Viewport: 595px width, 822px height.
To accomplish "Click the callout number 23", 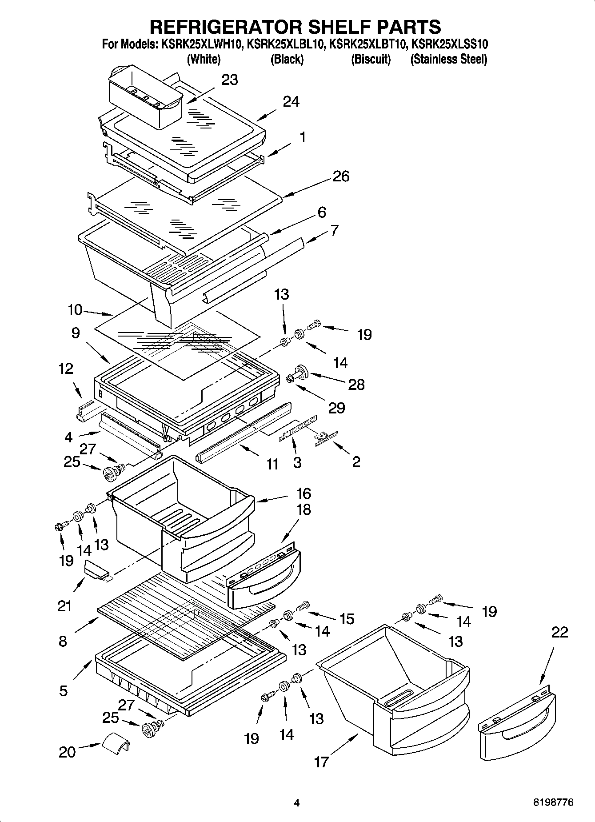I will pos(230,80).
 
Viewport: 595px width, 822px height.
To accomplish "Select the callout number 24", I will pos(291,102).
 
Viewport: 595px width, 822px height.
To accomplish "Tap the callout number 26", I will pos(341,176).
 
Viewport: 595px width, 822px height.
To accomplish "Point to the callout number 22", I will pos(559,632).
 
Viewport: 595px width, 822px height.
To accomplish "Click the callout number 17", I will pos(321,762).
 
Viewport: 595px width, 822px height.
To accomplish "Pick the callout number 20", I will pos(67,752).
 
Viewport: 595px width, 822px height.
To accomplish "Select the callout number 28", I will pos(356,385).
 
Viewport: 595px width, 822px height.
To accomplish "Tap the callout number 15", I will pos(347,618).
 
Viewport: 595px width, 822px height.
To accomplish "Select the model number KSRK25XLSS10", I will pos(450,44).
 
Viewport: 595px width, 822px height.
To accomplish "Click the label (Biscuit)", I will pos(371,59).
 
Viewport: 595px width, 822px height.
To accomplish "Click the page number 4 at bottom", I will pos(297,803).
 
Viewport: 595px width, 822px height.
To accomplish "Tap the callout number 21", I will pos(64,605).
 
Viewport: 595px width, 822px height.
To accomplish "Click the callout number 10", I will pos(75,310).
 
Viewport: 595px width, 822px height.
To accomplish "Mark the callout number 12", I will pos(66,369).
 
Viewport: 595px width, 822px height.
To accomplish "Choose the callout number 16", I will pos(303,493).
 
